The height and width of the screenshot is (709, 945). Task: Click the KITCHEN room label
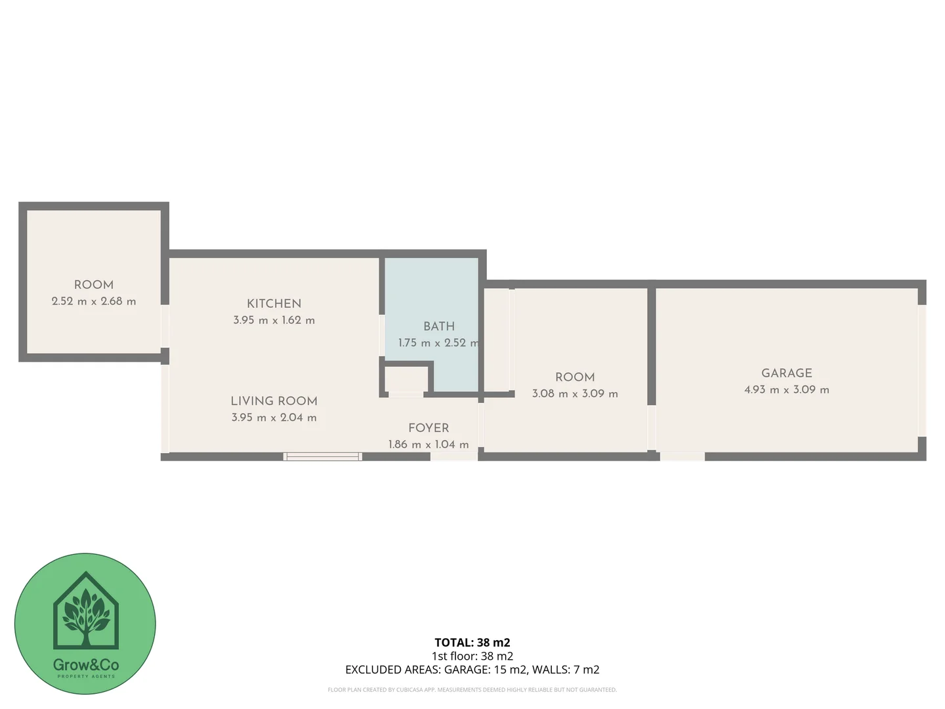[274, 303]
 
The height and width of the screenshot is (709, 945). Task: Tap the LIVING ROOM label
[274, 400]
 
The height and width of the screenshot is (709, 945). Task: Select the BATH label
[438, 326]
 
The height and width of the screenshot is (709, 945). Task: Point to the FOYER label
[429, 427]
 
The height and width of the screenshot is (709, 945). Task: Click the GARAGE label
[786, 373]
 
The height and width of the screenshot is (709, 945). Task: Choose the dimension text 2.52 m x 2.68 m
[94, 301]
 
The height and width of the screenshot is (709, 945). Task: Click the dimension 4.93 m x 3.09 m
[786, 389]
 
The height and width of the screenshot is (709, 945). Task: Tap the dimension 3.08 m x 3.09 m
[575, 393]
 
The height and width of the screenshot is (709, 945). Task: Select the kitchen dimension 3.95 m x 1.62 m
[274, 320]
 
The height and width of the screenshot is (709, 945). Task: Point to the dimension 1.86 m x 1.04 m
[429, 444]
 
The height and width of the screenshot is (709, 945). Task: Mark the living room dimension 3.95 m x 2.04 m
[274, 418]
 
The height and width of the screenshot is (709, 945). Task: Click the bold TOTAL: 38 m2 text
[472, 643]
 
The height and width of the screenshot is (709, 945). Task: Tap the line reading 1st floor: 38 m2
[472, 656]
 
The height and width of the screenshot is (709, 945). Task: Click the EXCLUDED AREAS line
[472, 670]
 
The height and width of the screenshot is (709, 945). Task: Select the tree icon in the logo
[85, 614]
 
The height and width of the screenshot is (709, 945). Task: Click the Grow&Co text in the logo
[85, 665]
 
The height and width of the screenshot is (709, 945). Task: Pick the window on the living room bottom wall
[322, 456]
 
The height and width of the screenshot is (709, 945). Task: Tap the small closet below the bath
[406, 379]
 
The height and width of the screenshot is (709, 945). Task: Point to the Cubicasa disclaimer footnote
[472, 690]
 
